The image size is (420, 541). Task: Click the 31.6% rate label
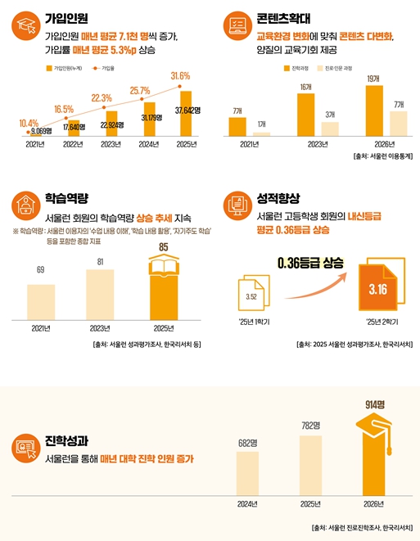click(x=179, y=76)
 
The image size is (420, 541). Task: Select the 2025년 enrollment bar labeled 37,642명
click(x=186, y=115)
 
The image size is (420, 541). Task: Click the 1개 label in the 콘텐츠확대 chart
click(x=260, y=124)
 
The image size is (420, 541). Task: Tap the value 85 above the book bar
click(x=164, y=246)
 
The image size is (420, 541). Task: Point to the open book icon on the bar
click(x=164, y=267)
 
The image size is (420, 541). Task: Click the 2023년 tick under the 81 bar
click(x=100, y=328)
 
